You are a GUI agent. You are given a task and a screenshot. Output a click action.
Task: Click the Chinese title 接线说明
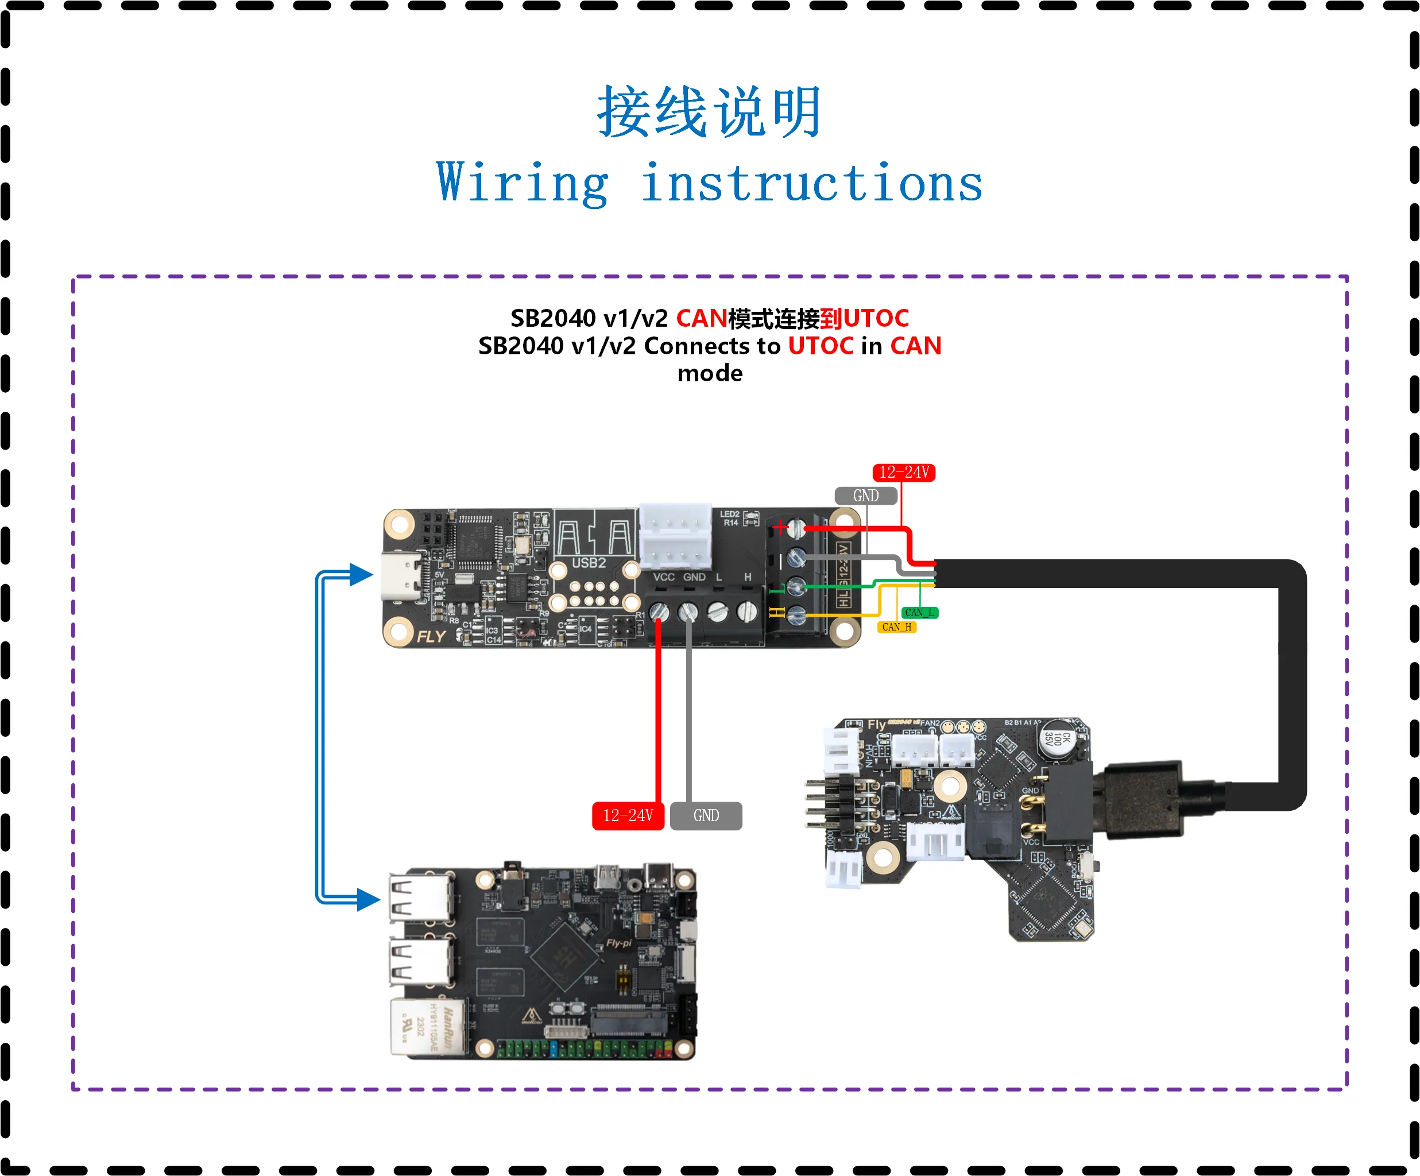pyautogui.click(x=709, y=111)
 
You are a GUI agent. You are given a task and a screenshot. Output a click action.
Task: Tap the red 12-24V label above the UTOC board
pyautogui.click(x=903, y=472)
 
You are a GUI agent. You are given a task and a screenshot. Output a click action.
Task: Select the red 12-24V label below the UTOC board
pyautogui.click(x=628, y=815)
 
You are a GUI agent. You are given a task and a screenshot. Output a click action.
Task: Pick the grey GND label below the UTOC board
pyautogui.click(x=706, y=815)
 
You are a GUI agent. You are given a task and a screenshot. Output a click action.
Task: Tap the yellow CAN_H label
pyautogui.click(x=897, y=627)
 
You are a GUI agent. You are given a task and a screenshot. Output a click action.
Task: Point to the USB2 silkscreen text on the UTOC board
pyautogui.click(x=589, y=563)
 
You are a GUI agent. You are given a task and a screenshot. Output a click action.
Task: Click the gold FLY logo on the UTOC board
pyautogui.click(x=431, y=636)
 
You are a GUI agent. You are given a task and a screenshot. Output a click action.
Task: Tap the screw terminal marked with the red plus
pyautogui.click(x=796, y=528)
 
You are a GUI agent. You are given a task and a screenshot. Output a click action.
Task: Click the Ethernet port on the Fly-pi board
pyautogui.click(x=428, y=1026)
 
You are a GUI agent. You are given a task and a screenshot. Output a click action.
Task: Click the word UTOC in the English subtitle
pyautogui.click(x=820, y=346)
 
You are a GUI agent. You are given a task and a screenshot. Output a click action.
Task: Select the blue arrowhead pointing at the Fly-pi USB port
pyautogui.click(x=369, y=899)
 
